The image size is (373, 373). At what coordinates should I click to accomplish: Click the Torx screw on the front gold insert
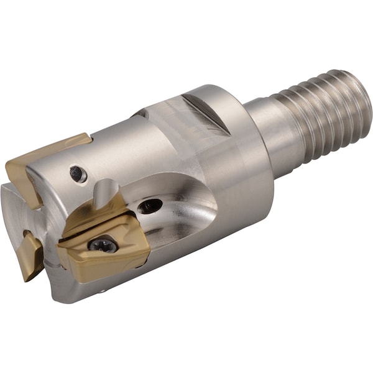[103, 245]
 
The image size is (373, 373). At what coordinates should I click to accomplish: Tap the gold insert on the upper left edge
[37, 162]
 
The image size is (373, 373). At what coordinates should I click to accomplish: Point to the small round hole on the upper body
[78, 174]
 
